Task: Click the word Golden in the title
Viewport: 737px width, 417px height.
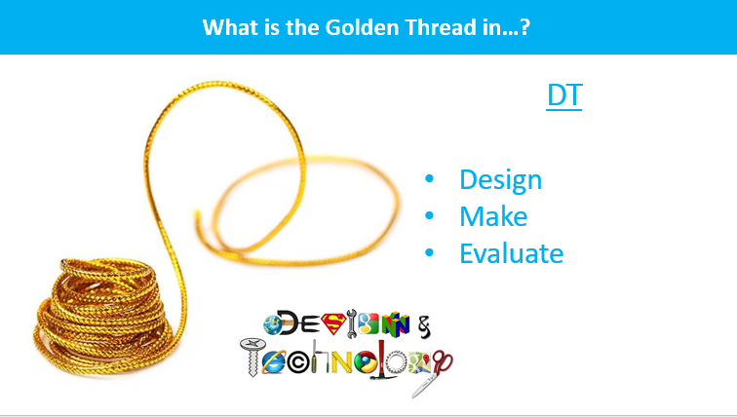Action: pyautogui.click(x=362, y=27)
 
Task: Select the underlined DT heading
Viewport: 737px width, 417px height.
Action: pyautogui.click(x=564, y=95)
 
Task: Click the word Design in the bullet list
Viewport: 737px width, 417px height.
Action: pyautogui.click(x=500, y=180)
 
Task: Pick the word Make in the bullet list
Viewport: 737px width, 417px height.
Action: pyautogui.click(x=493, y=216)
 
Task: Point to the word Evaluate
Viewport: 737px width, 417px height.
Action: pyautogui.click(x=512, y=253)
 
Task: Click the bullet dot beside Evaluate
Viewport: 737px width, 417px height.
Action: pyautogui.click(x=429, y=253)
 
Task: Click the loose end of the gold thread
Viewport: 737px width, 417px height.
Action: pyautogui.click(x=197, y=214)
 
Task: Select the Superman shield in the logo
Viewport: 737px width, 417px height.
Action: pyautogui.click(x=333, y=324)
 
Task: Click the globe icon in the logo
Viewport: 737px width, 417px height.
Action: pyautogui.click(x=273, y=325)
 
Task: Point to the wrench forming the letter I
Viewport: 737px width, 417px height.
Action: pyautogui.click(x=352, y=323)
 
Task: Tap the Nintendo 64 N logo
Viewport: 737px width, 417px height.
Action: pyautogui.click(x=395, y=324)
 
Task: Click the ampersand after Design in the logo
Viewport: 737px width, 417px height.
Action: pyautogui.click(x=424, y=326)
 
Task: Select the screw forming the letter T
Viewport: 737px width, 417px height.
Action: pyautogui.click(x=252, y=357)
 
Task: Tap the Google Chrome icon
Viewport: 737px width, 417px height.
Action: pyautogui.click(x=367, y=363)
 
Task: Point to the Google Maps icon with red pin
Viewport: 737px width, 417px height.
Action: pyautogui.click(x=419, y=362)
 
